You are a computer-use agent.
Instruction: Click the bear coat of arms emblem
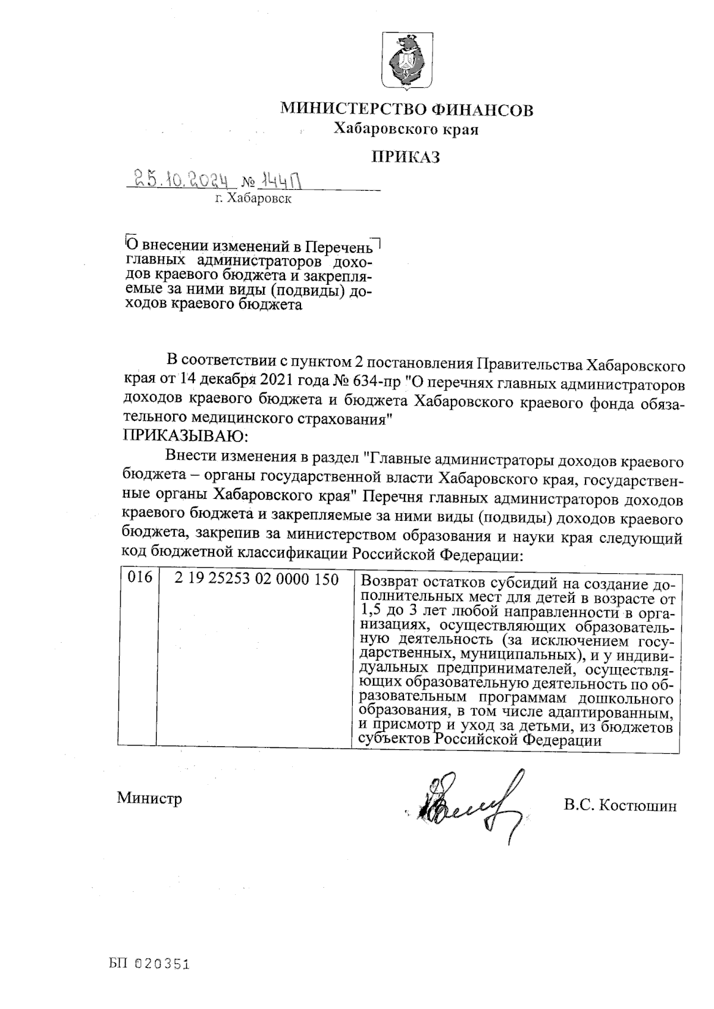[x=407, y=62]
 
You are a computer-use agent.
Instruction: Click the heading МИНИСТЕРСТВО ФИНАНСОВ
[x=407, y=109]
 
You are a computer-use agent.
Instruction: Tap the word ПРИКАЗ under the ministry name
[x=406, y=157]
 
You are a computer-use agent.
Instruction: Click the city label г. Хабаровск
[x=254, y=199]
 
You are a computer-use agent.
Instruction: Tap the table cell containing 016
[x=140, y=578]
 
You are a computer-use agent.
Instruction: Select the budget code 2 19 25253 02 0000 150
[x=256, y=579]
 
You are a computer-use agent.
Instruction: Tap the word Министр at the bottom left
[x=149, y=798]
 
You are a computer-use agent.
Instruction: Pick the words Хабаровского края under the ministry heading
[x=406, y=129]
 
